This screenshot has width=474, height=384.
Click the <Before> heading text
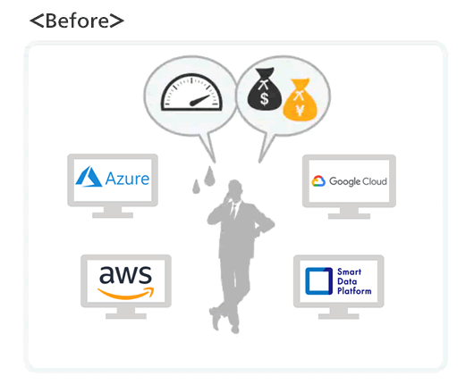point(77,21)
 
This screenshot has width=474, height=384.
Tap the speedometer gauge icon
point(191,92)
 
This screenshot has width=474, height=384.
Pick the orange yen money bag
point(300,100)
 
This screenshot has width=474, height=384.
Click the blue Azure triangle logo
point(89,177)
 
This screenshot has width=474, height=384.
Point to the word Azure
point(127,179)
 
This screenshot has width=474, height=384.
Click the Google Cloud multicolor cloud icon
point(318,181)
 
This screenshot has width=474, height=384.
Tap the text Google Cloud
point(358,181)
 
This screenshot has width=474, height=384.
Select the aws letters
point(125,275)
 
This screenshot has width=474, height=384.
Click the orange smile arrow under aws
point(126,293)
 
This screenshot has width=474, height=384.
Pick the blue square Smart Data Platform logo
point(318,281)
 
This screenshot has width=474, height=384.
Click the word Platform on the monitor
point(354,291)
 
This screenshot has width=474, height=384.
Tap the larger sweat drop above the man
point(209,176)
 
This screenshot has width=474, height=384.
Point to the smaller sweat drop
point(196,187)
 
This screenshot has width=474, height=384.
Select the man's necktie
point(233,212)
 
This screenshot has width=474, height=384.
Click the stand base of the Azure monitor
point(113,215)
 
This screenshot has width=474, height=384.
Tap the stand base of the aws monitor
point(126,316)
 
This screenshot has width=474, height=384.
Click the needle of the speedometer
point(199,101)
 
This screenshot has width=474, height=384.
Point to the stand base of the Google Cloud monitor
point(349,216)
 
